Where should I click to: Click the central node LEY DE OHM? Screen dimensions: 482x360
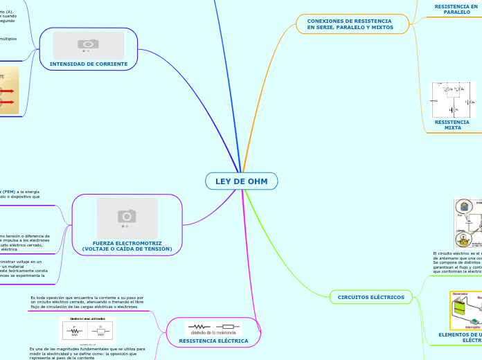(241, 181)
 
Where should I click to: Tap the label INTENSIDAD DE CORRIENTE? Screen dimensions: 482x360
(89, 64)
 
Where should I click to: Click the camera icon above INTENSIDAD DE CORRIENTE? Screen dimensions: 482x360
(89, 45)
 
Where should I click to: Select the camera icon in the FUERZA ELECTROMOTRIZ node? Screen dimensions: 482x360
(127, 217)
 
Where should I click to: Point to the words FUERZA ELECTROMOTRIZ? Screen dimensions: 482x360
(127, 243)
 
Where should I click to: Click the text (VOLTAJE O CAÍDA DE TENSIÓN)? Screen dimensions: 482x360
(127, 249)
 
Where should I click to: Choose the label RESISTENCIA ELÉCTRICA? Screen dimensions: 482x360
(213, 341)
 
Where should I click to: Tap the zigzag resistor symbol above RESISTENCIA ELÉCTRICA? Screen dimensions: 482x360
(199, 326)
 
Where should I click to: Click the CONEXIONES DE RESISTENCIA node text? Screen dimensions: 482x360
(350, 24)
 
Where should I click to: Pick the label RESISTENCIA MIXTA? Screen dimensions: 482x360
(452, 125)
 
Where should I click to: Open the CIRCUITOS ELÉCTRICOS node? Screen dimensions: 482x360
(371, 297)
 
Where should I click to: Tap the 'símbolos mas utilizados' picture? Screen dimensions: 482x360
(87, 330)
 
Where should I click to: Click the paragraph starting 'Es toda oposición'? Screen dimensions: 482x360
(87, 302)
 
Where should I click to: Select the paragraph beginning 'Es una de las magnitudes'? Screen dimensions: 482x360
(87, 354)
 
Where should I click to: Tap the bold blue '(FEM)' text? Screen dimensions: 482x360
(8, 191)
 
